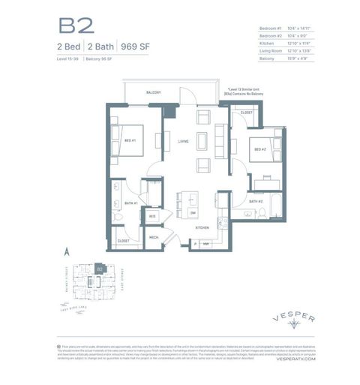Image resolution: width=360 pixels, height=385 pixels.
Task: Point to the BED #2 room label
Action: point(259,149)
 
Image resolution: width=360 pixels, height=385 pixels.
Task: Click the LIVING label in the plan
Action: point(183,140)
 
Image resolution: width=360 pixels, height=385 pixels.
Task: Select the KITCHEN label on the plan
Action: point(202,226)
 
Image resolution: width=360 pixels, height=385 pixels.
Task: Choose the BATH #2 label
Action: point(255,201)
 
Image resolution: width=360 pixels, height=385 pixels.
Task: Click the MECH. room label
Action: point(153,237)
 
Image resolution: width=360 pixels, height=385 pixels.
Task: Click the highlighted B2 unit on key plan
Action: point(98,266)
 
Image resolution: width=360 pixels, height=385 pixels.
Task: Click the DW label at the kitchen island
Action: point(192,212)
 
